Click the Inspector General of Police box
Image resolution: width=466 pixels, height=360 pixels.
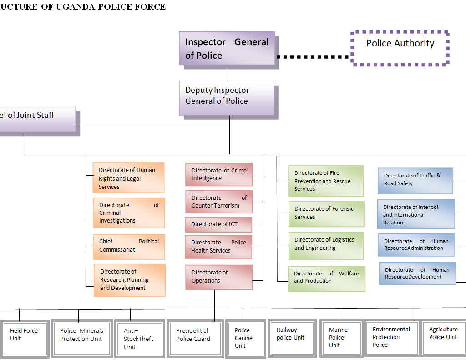point(227,48)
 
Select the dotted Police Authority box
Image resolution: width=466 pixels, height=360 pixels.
point(400,48)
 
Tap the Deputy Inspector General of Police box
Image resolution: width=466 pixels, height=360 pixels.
point(227,97)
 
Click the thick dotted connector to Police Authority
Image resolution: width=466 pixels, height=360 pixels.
point(314,57)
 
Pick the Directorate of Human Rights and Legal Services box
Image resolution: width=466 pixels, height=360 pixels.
point(128,178)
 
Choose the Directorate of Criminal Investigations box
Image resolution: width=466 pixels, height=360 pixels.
point(129,213)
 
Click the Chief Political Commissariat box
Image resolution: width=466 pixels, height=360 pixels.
point(129,246)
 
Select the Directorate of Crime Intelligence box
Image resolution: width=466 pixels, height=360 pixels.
point(219,175)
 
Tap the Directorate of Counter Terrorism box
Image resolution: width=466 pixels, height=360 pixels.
point(219,202)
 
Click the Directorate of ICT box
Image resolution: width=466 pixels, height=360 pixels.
point(218,224)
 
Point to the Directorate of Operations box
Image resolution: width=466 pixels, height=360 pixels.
point(219,277)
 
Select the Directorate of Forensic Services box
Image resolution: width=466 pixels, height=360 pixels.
point(326,213)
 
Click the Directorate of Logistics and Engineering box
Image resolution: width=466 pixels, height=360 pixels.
point(326,245)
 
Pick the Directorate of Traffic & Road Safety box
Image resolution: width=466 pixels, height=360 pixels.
point(415,180)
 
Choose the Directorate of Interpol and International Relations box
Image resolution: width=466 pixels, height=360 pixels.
point(415,214)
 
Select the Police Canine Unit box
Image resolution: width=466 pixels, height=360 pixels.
point(244,338)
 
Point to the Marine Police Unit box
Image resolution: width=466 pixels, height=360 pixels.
point(339,338)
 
